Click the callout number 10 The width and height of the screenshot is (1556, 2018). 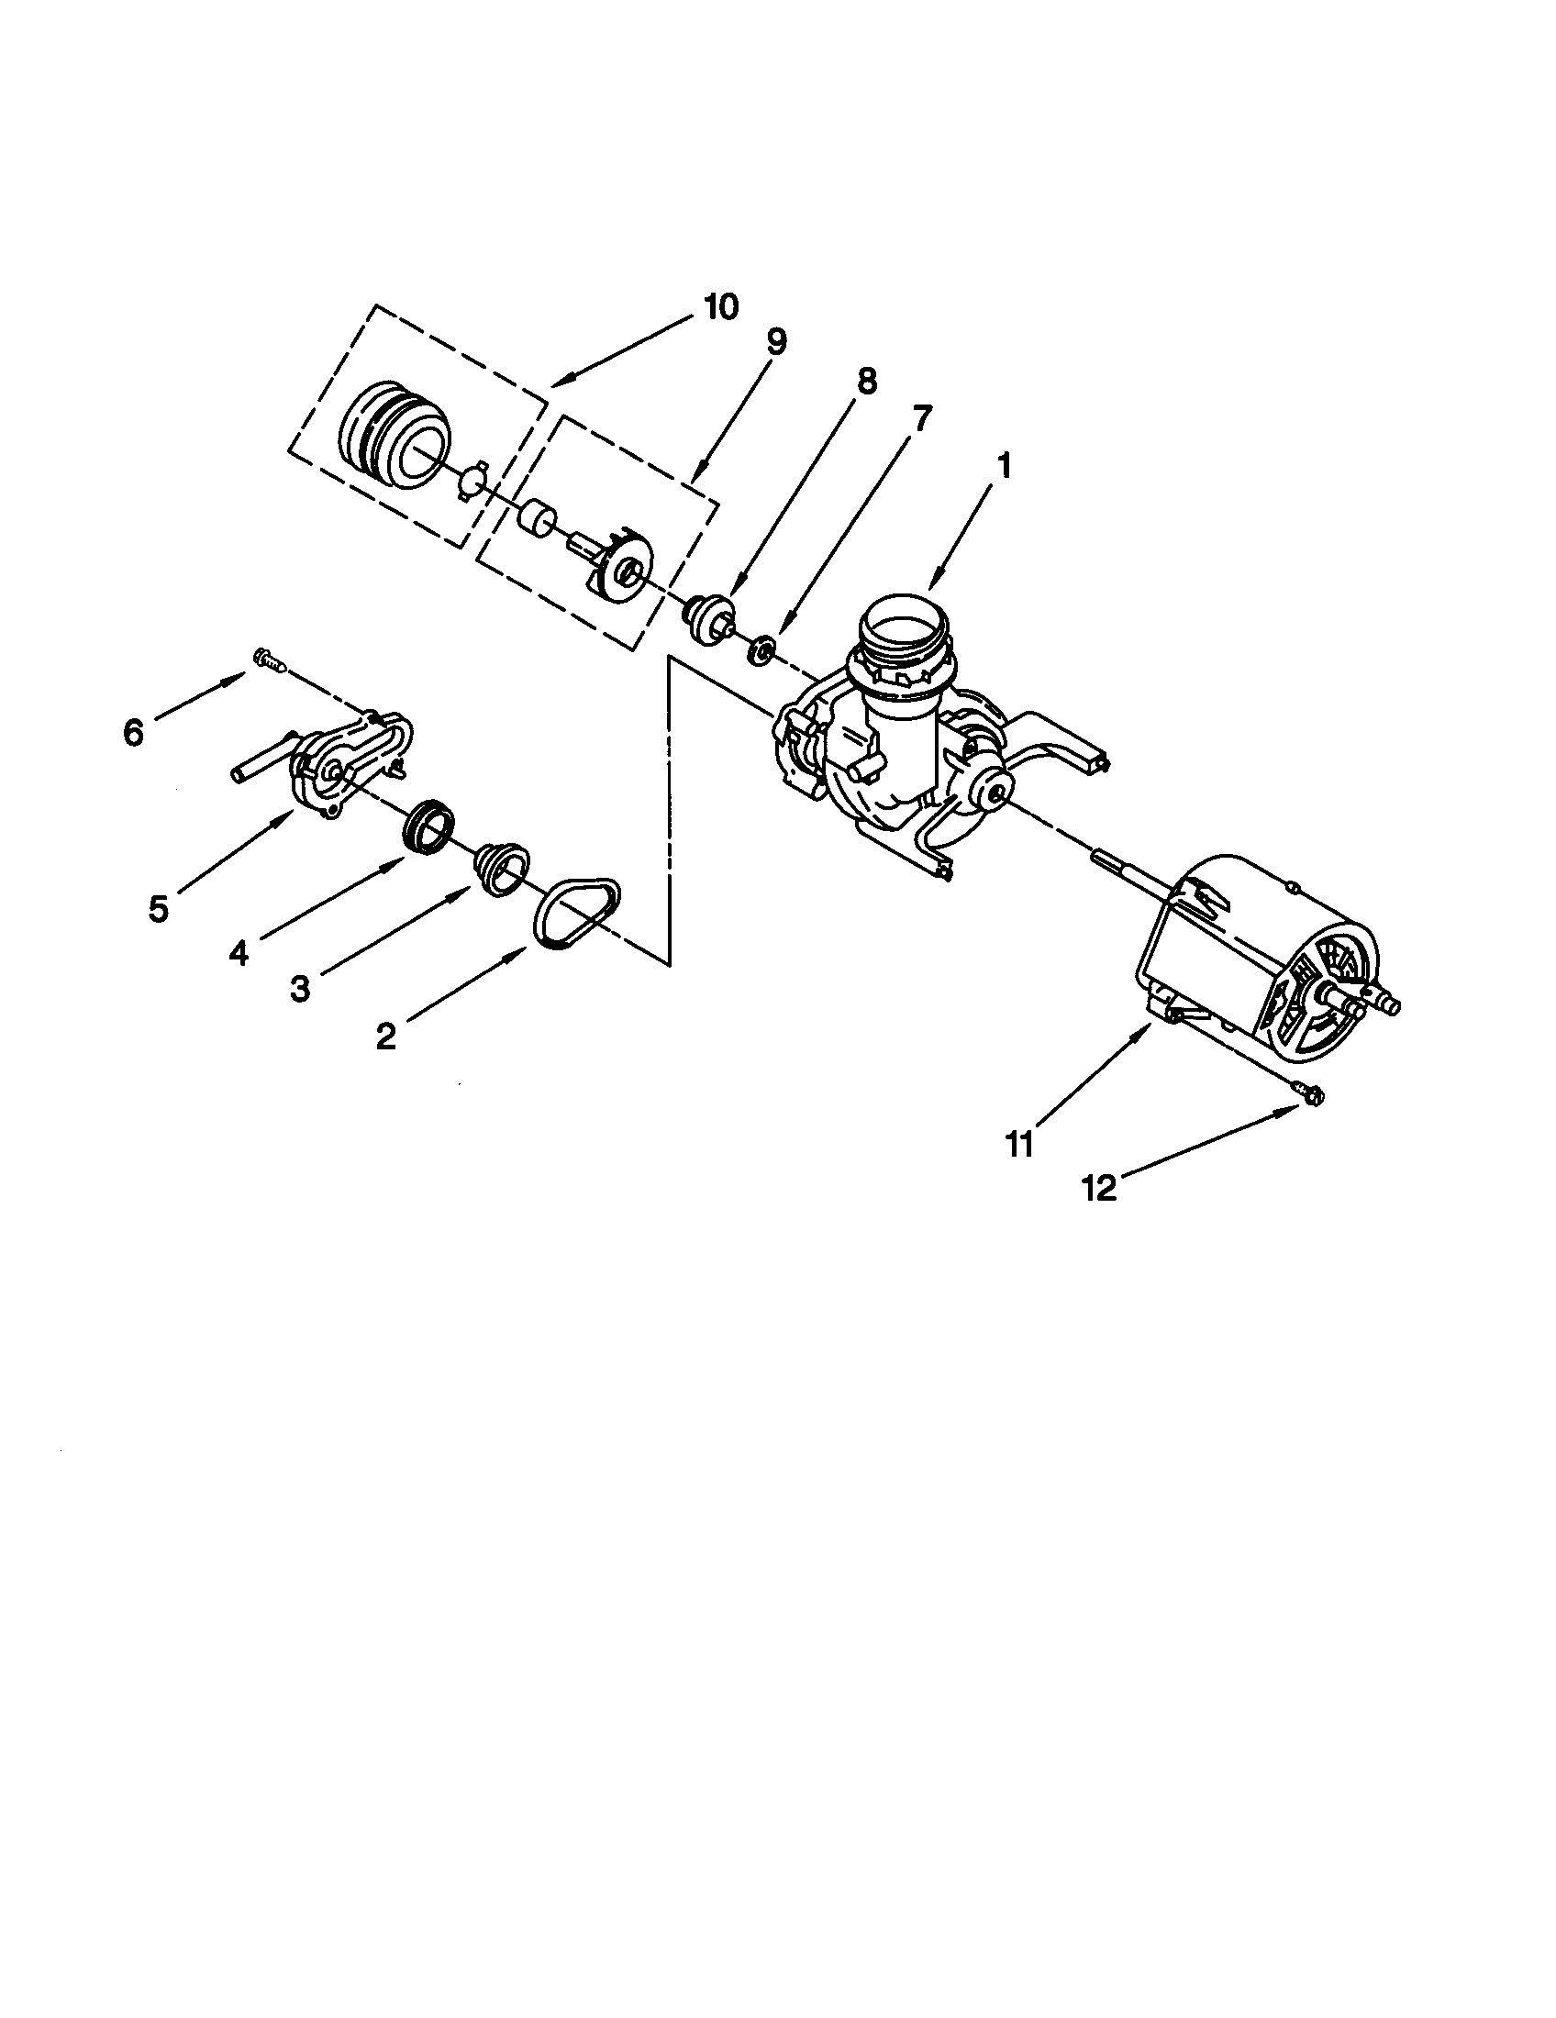[x=720, y=307]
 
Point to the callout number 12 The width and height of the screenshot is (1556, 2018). [x=1099, y=1188]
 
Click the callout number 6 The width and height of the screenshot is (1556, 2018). [x=134, y=733]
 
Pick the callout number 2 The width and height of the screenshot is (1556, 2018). [x=386, y=1036]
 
